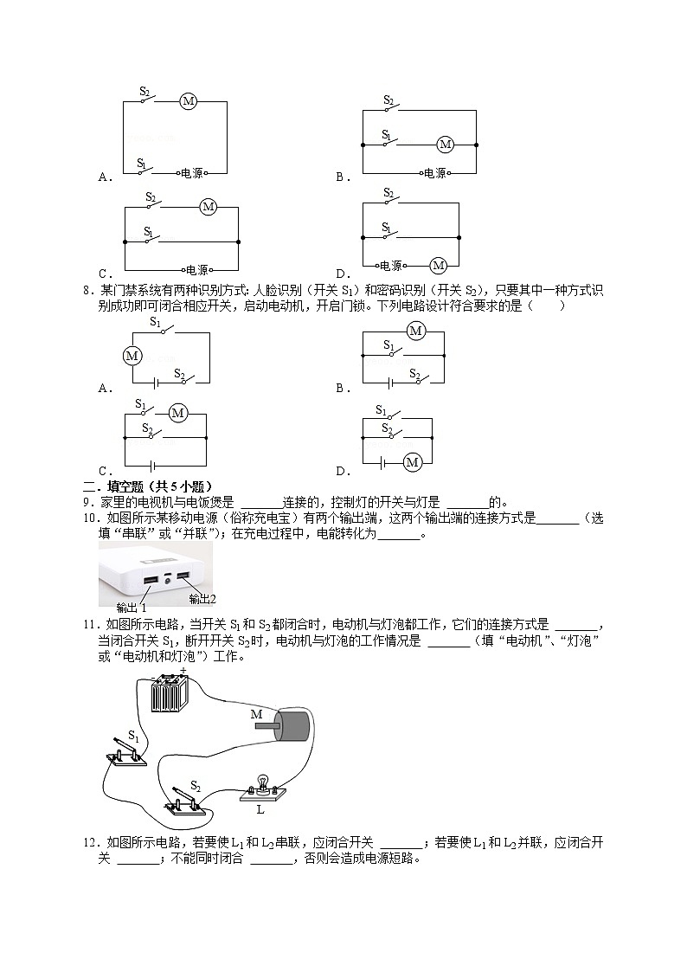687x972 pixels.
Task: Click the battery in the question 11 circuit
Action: (170, 692)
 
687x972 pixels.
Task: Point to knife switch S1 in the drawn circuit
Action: (127, 751)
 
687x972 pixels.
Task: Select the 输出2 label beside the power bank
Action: (202, 598)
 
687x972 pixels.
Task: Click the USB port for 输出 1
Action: (150, 579)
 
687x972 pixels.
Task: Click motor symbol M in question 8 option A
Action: (132, 355)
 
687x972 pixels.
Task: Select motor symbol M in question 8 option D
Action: (412, 462)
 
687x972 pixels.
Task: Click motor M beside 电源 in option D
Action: (438, 266)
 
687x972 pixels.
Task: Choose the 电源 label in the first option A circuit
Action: (191, 173)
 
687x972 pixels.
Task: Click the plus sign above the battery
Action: (183, 669)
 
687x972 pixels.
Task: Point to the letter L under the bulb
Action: (260, 810)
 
